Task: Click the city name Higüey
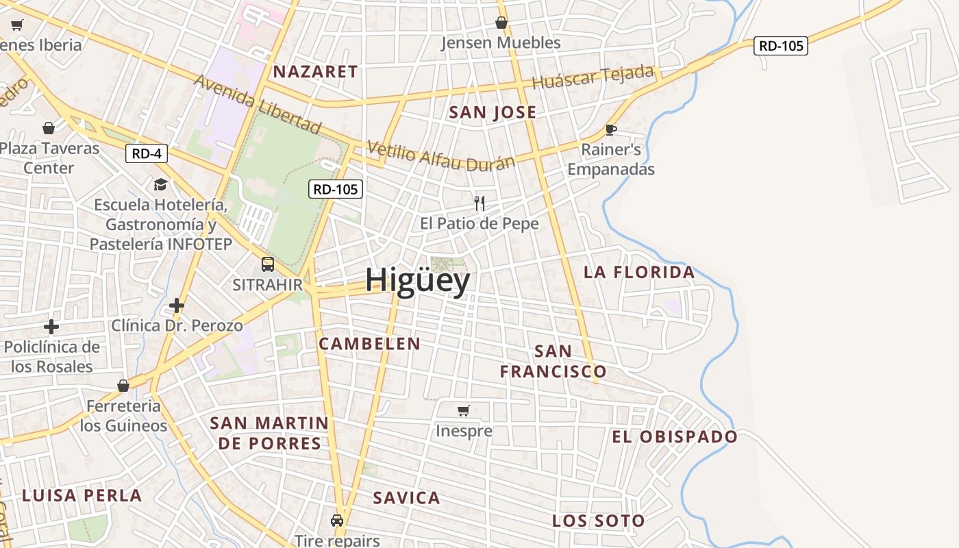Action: pyautogui.click(x=417, y=280)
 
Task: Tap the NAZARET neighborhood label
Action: pyautogui.click(x=315, y=72)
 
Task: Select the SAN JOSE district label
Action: pyautogui.click(x=493, y=112)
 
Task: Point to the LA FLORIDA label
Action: pyautogui.click(x=639, y=272)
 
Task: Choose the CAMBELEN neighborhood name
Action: pyautogui.click(x=369, y=344)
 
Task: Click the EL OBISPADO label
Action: pyautogui.click(x=674, y=437)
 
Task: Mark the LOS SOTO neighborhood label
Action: pyautogui.click(x=598, y=521)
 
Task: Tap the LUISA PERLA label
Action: pyautogui.click(x=82, y=495)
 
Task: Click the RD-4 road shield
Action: pyautogui.click(x=147, y=153)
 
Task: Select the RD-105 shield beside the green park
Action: pyautogui.click(x=335, y=189)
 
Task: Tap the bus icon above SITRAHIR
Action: pyautogui.click(x=267, y=264)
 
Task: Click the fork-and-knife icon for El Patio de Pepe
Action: pyautogui.click(x=480, y=203)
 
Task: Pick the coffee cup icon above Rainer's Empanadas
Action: pyautogui.click(x=611, y=129)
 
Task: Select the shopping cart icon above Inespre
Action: pyautogui.click(x=464, y=410)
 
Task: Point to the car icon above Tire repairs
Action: pyautogui.click(x=337, y=521)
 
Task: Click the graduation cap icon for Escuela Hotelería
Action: pyautogui.click(x=160, y=184)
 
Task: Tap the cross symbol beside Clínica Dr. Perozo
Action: pyautogui.click(x=177, y=305)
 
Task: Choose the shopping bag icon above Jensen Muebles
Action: pyautogui.click(x=501, y=23)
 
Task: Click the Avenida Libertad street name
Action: pyautogui.click(x=258, y=103)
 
